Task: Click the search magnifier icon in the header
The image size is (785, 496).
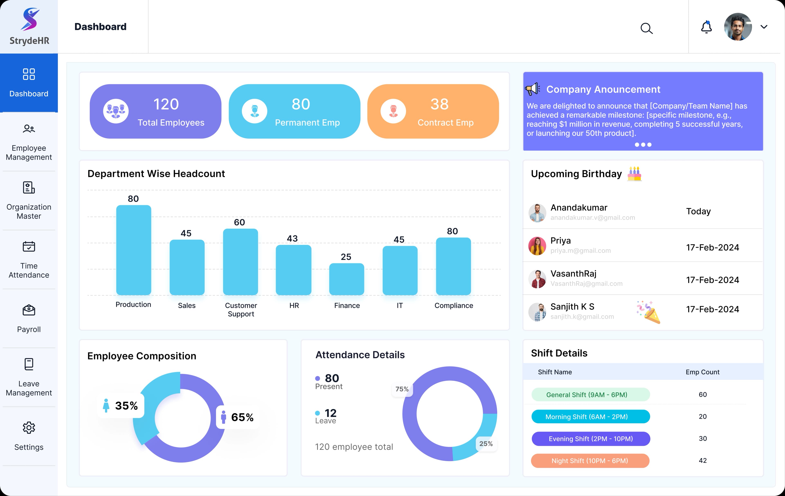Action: tap(646, 28)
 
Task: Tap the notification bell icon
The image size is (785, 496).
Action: tap(706, 27)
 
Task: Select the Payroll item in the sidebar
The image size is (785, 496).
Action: tap(29, 318)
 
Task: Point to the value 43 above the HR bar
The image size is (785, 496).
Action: tap(292, 238)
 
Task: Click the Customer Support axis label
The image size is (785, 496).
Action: tap(241, 310)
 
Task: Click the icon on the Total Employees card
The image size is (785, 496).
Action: tap(116, 111)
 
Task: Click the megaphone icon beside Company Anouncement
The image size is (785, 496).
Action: tap(532, 89)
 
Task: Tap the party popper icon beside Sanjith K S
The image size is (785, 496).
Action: tap(648, 312)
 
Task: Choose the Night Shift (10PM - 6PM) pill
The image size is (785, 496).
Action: tap(590, 460)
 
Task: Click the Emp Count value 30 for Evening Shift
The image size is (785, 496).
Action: tap(703, 438)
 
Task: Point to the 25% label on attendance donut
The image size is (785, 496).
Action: tap(486, 443)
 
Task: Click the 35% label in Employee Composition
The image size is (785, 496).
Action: tap(126, 406)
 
